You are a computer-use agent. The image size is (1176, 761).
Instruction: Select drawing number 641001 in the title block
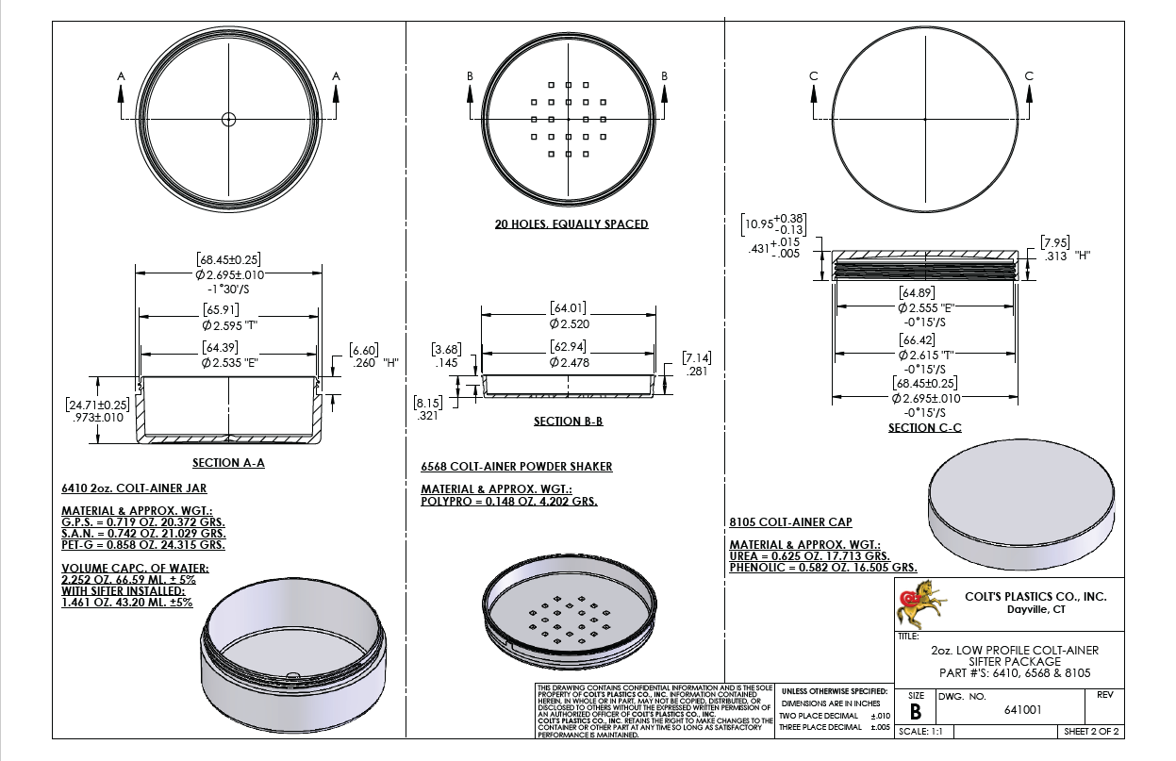[1022, 710]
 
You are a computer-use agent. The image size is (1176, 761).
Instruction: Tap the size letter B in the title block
[915, 712]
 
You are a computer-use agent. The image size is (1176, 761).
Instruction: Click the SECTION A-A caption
[228, 463]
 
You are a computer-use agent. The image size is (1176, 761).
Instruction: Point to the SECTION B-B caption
[568, 422]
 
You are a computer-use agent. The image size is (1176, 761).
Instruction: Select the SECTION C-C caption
[924, 428]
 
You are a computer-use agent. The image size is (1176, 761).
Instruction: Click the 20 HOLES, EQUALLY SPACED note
[571, 224]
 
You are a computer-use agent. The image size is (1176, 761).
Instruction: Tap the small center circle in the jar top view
[228, 119]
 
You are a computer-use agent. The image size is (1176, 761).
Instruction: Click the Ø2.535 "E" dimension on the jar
[230, 363]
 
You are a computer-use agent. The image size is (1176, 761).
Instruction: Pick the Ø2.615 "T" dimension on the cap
[925, 355]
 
